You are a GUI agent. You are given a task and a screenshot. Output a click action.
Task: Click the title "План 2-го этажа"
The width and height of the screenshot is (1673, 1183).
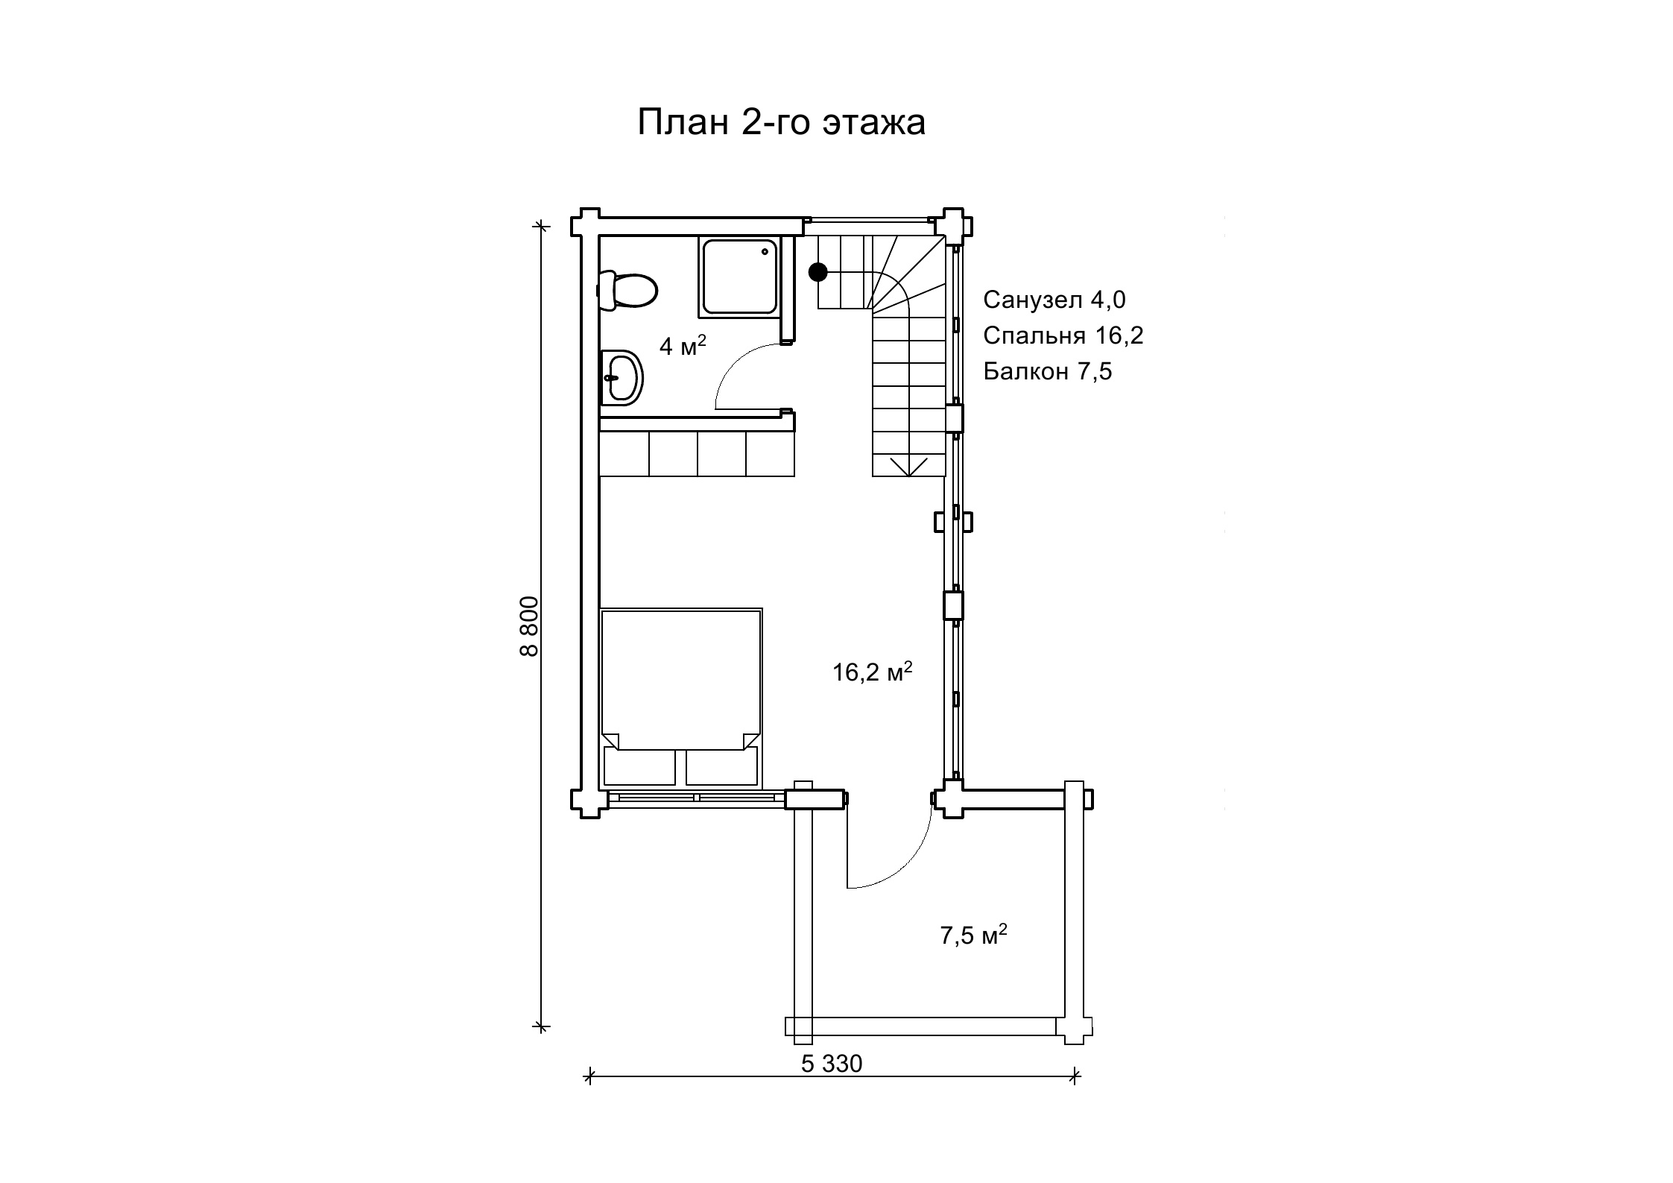pyautogui.click(x=781, y=122)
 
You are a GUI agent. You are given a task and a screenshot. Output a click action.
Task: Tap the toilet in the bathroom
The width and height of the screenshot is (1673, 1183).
pyautogui.click(x=627, y=290)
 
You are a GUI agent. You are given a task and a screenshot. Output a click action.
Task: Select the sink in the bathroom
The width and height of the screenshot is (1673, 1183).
pyautogui.click(x=622, y=378)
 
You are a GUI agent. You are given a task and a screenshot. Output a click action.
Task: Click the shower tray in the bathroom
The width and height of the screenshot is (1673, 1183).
pyautogui.click(x=739, y=277)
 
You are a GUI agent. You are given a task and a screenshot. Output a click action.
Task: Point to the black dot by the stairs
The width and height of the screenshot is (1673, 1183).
pyautogui.click(x=818, y=272)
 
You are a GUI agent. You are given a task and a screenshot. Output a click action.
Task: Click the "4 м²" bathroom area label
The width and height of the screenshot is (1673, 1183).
pyautogui.click(x=683, y=345)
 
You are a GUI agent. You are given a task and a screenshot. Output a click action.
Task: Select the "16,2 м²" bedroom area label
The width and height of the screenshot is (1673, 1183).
pyautogui.click(x=873, y=672)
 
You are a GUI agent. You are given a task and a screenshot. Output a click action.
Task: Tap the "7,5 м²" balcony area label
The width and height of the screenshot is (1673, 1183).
pyautogui.click(x=974, y=934)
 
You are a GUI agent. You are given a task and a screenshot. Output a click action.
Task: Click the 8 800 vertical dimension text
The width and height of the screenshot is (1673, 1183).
pyautogui.click(x=528, y=626)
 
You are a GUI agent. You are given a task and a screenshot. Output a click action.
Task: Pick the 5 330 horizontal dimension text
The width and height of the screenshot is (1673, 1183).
pyautogui.click(x=832, y=1064)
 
